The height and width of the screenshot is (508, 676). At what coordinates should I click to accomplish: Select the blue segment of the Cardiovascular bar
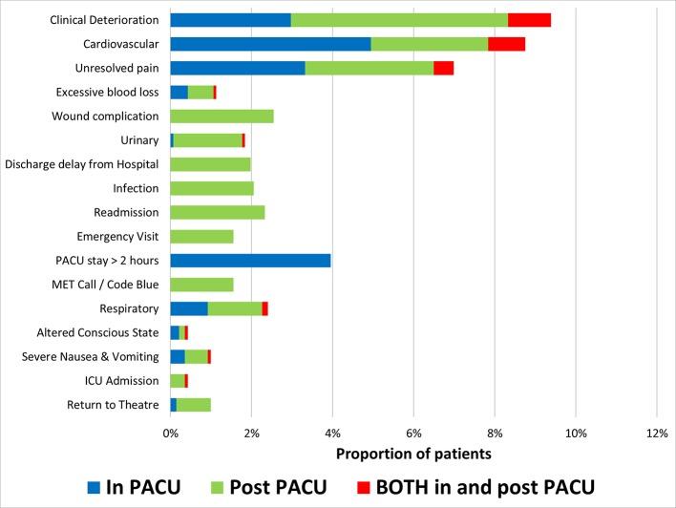[270, 44]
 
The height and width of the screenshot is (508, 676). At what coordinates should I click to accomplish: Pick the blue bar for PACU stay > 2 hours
[250, 260]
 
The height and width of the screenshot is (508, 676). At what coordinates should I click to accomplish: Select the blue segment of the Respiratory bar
[189, 308]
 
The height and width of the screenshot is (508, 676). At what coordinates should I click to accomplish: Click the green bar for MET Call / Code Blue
[201, 284]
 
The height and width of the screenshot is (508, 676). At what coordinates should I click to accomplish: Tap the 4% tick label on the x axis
[332, 434]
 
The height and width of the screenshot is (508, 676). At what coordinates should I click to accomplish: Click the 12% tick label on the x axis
[656, 434]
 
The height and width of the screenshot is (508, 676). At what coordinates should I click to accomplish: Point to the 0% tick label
[170, 434]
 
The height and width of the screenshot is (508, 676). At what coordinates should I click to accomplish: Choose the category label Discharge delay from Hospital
[82, 164]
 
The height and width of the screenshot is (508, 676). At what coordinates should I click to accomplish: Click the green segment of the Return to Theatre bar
[194, 404]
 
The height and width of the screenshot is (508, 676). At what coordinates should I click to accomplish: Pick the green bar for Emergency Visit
[201, 236]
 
